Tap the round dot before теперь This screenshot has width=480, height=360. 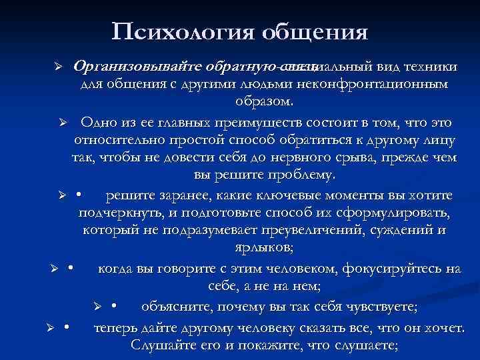[67, 327]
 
